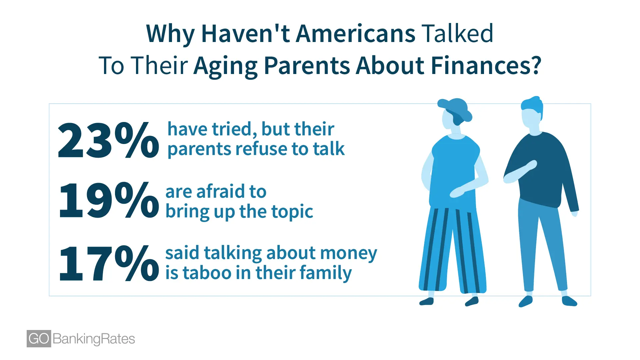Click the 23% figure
point(108,140)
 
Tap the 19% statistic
point(109,200)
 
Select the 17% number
point(109,263)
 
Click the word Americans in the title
point(355,34)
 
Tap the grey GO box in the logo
point(39,339)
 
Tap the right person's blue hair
point(532,105)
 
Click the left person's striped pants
point(452,250)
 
